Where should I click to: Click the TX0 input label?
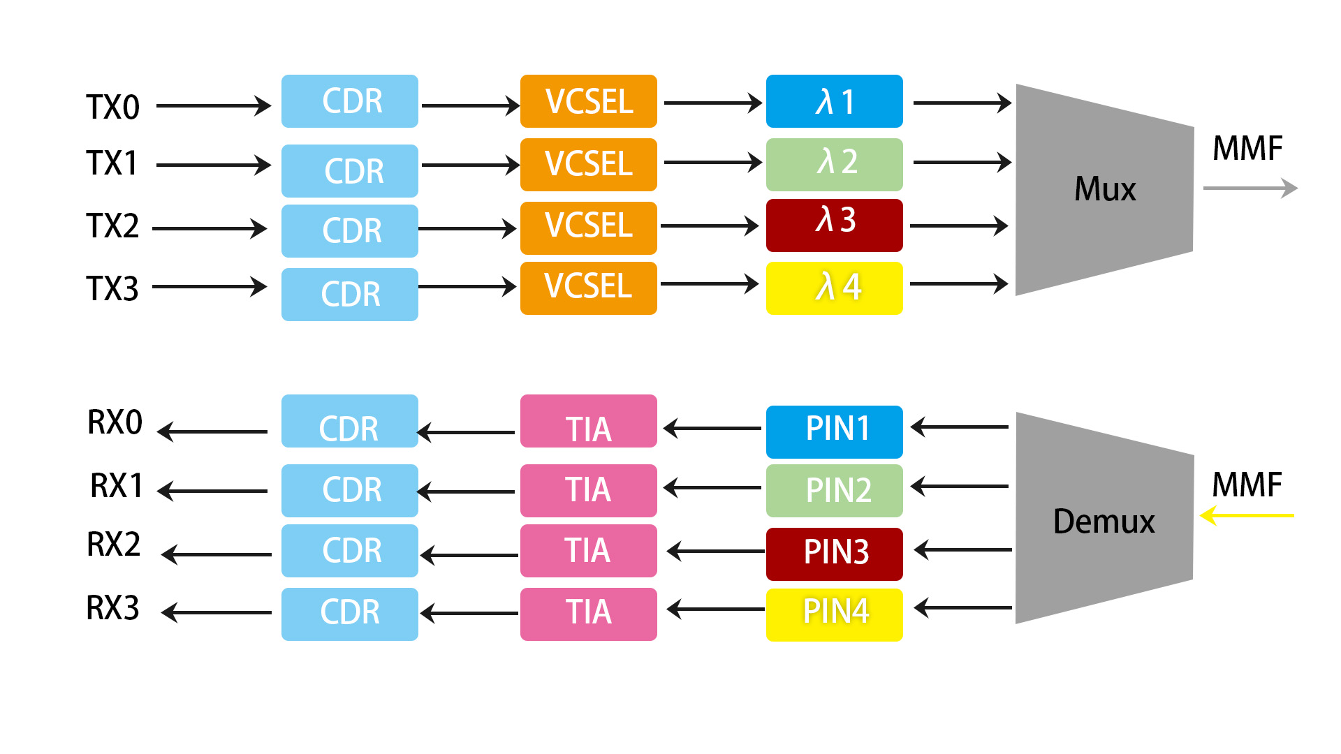[112, 107]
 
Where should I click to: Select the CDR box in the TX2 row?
[349, 230]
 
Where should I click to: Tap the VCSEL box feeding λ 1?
[588, 101]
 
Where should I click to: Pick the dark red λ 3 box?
[834, 225]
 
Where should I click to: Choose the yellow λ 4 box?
[834, 288]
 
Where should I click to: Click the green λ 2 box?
[834, 164]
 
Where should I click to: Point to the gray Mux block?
[1104, 189]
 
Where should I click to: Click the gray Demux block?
[1104, 520]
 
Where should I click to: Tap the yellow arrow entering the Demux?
[1247, 516]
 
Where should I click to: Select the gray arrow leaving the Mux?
[1250, 188]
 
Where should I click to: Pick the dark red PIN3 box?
[834, 554]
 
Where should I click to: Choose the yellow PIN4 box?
[834, 614]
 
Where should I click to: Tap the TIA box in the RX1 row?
[588, 490]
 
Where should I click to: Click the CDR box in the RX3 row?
[349, 614]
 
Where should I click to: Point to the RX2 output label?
[113, 545]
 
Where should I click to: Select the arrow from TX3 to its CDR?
[210, 286]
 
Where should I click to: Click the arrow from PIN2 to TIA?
[712, 487]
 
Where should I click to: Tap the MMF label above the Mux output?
[1247, 148]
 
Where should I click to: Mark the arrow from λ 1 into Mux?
[962, 103]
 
